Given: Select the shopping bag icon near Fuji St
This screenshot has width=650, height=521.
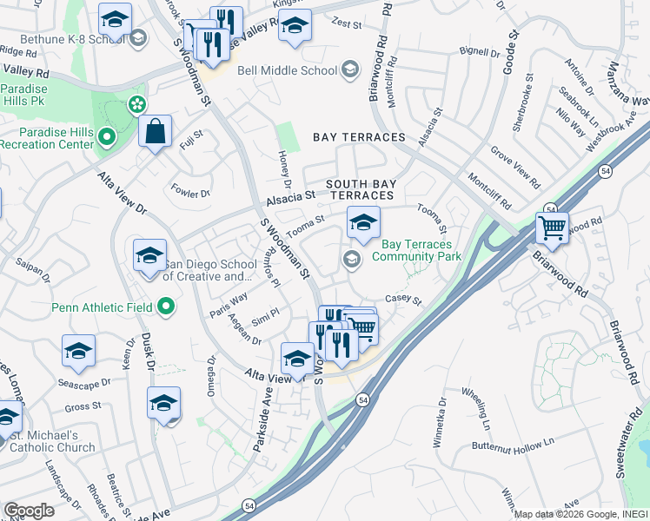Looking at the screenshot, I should [x=156, y=133].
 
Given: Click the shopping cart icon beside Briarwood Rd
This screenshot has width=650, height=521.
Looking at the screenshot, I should [x=552, y=229].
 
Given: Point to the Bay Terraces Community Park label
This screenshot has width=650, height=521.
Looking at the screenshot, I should [x=416, y=250].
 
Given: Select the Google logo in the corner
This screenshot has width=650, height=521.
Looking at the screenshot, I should [x=29, y=511].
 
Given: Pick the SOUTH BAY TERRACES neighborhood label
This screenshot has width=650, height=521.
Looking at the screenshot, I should [x=366, y=190].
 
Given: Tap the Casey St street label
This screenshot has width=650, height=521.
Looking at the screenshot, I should [x=402, y=300].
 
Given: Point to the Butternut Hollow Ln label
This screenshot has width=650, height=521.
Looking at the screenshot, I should [x=513, y=443].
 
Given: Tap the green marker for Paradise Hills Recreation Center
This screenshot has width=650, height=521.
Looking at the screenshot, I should [x=106, y=135].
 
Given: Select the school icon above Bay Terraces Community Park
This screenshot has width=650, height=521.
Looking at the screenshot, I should [x=364, y=223].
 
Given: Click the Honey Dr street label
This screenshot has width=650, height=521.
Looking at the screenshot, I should [x=283, y=168].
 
